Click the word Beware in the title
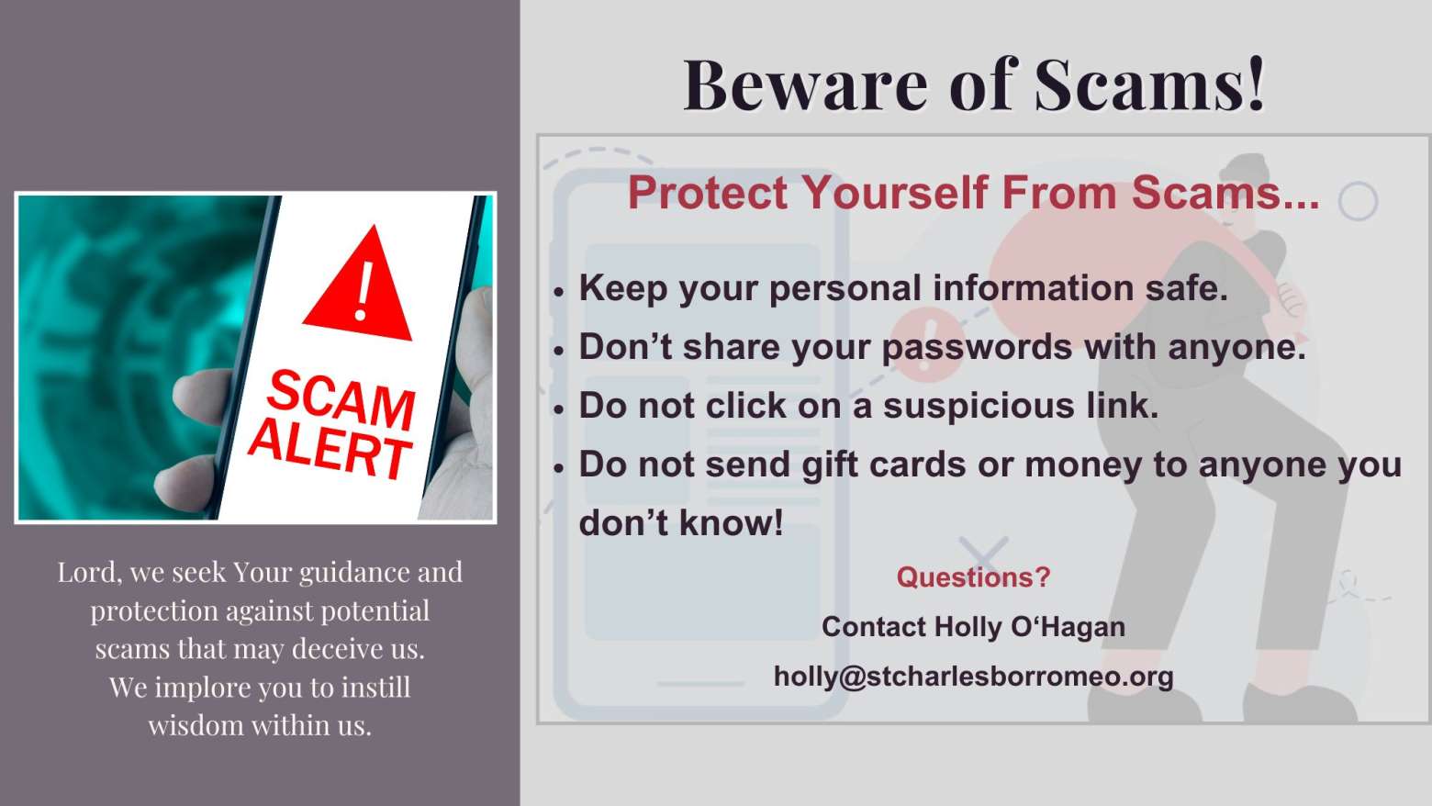806,85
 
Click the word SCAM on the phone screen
341,399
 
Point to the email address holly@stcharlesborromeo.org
974,677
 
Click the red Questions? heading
974,577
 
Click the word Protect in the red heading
708,193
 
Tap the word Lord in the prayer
87,573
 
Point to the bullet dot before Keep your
559,292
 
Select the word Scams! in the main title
1150,85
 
